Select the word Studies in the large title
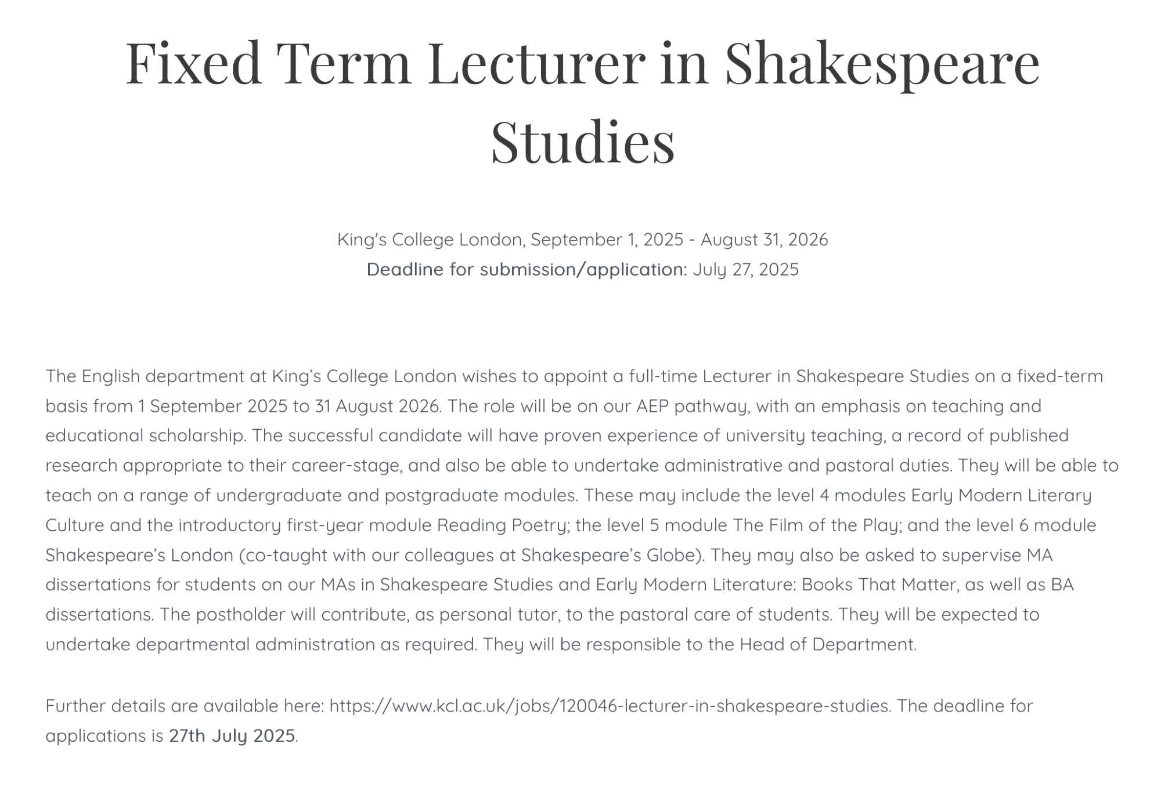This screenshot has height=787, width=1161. (582, 142)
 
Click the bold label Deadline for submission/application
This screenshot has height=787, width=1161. (527, 270)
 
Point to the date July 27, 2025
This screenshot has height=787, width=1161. (746, 270)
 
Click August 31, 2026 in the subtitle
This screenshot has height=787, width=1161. (764, 240)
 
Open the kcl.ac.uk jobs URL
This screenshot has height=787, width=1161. (609, 706)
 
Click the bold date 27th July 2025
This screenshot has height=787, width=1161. (232, 736)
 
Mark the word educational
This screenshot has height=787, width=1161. (94, 436)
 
